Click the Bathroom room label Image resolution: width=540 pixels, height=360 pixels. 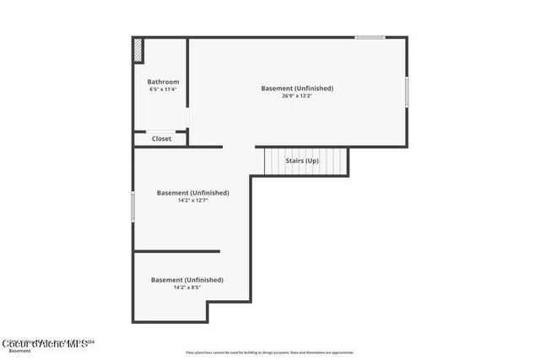point(163,82)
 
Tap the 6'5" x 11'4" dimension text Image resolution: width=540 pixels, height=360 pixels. point(163,89)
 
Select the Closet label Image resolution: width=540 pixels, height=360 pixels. point(161,138)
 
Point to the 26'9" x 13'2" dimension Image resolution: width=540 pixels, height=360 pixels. point(297,96)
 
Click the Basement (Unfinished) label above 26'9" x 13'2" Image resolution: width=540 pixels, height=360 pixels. point(297,88)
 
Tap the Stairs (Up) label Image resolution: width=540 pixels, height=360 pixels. point(302,160)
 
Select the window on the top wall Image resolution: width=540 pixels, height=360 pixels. point(370,37)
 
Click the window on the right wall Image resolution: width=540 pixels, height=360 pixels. point(407,91)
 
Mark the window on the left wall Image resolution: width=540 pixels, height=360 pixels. point(132,207)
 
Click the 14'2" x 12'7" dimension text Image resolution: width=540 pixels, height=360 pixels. point(192,201)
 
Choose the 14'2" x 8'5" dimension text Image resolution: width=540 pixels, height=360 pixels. point(187,287)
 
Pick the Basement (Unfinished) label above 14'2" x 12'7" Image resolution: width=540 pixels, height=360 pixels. point(192,192)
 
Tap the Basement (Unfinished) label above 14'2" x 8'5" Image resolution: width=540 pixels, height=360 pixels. point(187,279)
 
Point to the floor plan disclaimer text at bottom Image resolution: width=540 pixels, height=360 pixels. point(270,352)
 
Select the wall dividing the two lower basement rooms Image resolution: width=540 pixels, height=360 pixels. point(176,251)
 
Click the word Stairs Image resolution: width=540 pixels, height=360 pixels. point(294,160)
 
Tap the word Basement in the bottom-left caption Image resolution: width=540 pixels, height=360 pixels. point(19,351)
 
